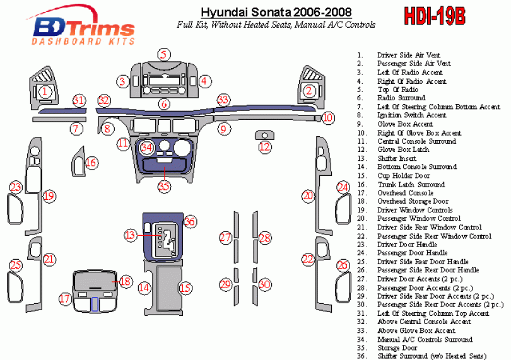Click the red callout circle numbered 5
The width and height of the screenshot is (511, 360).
164,54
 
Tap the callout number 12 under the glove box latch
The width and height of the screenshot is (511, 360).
264,148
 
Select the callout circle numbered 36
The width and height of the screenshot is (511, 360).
190,221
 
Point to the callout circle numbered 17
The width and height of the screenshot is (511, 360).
65,299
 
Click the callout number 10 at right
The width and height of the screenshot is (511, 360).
328,118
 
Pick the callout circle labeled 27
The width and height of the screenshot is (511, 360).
225,238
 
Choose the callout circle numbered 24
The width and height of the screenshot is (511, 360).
343,187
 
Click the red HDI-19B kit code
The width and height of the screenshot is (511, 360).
435,15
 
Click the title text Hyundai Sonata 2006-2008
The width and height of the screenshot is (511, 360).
276,13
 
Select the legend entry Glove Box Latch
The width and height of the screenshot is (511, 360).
403,149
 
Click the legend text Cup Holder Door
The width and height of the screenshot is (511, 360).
404,176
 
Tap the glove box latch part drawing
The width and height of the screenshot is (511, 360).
264,135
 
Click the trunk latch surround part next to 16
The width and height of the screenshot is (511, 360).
78,161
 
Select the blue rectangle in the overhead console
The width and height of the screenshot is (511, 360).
95,304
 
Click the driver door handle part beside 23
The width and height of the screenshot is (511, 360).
15,209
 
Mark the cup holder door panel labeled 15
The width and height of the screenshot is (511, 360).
169,287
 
